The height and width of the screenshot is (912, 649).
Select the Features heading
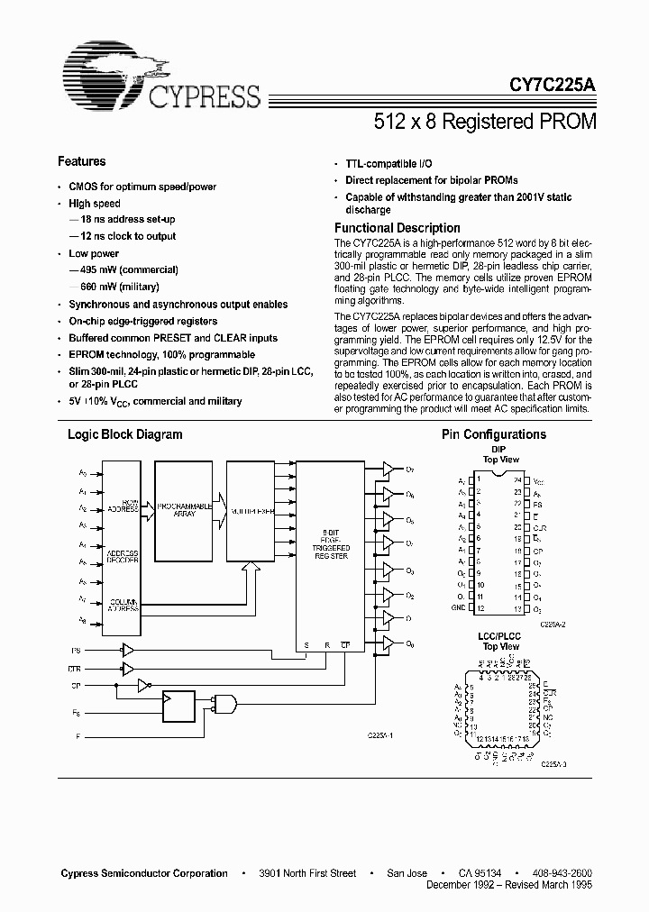[81, 162]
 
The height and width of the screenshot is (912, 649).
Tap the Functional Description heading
[397, 229]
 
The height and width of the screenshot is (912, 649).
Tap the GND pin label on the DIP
[459, 607]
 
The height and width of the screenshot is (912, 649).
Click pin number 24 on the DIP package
[517, 480]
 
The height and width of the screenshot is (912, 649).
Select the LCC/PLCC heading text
[498, 638]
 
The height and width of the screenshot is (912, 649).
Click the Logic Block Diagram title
[125, 434]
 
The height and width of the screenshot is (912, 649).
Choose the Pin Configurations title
[493, 434]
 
